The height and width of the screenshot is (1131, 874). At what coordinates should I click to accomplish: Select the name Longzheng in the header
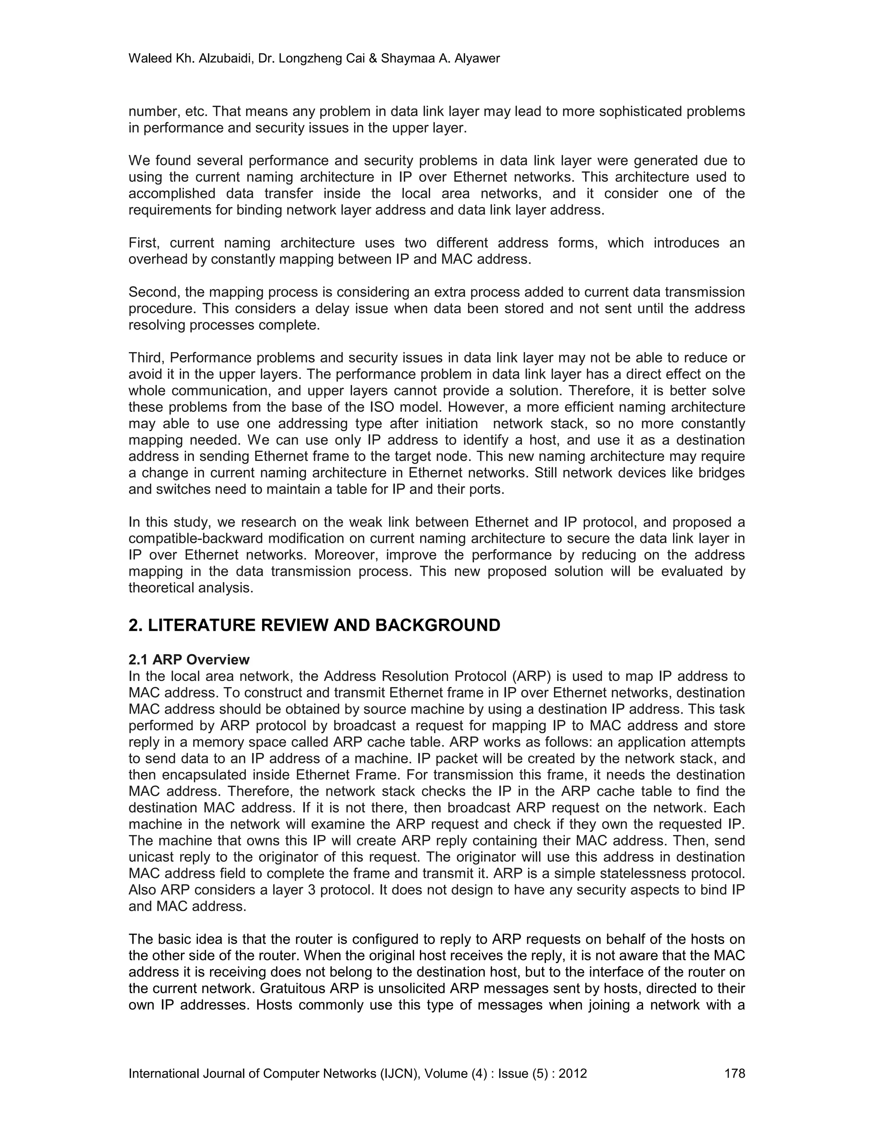(x=307, y=58)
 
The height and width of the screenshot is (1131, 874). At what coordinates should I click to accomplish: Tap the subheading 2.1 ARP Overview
(x=189, y=660)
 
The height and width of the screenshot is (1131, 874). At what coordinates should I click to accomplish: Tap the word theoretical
(x=163, y=588)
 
